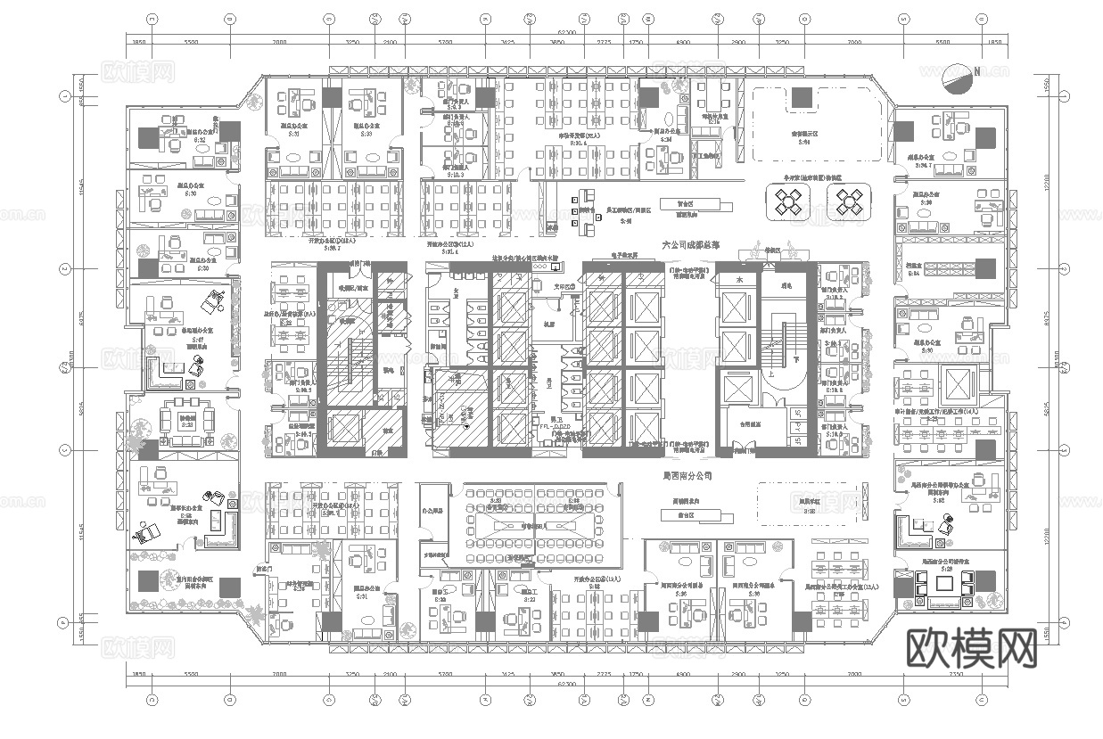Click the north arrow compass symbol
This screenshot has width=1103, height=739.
[x=960, y=78]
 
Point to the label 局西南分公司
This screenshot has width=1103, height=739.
[x=687, y=477]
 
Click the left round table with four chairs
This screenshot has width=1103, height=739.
[x=788, y=204]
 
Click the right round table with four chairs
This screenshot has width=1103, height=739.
[x=847, y=204]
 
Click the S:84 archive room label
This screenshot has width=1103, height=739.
[x=937, y=274]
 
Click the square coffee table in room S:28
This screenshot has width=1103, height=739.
[x=944, y=583]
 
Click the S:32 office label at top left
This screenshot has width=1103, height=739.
[x=200, y=140]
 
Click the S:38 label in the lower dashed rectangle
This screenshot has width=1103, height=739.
[x=810, y=512]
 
